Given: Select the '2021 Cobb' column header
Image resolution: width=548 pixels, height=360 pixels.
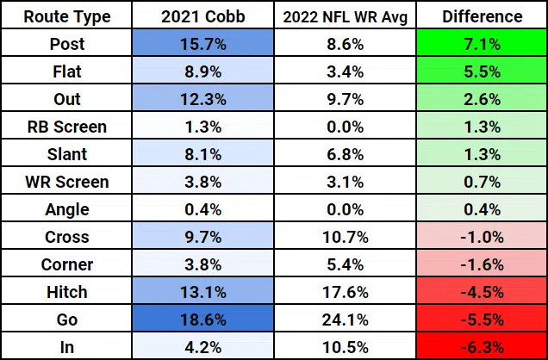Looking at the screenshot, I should point(202,16).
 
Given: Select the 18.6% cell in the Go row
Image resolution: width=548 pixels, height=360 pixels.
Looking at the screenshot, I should point(202,319).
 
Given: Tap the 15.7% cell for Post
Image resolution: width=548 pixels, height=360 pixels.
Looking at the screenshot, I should point(202,44).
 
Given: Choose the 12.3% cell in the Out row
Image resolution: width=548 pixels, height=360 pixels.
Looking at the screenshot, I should point(202,99).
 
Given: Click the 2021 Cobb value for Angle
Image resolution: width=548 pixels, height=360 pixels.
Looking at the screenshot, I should point(202,209).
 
